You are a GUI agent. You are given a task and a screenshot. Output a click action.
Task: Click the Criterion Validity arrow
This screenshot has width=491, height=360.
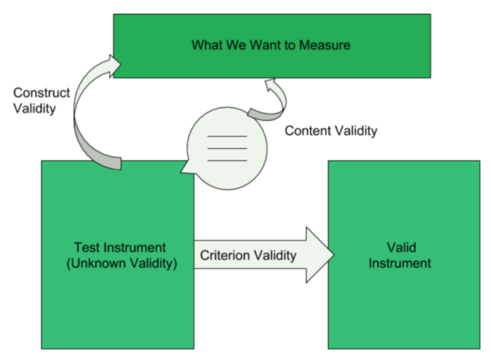[262, 255]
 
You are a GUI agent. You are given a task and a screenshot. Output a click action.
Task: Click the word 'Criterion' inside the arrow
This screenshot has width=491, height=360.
[224, 255]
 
